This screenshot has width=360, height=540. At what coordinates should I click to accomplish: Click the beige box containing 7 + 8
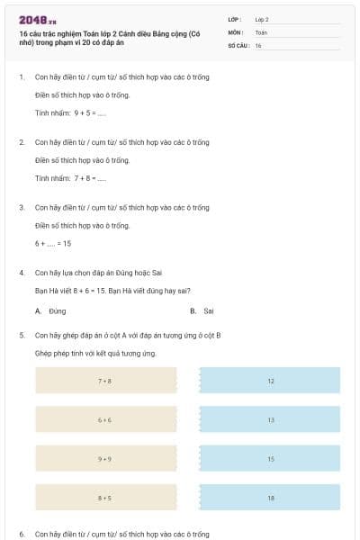tap(105, 381)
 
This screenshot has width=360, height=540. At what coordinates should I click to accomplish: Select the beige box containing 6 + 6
tap(105, 419)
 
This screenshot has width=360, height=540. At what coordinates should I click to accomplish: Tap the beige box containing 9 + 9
tap(105, 458)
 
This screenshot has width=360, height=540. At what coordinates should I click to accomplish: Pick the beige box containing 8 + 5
tap(105, 497)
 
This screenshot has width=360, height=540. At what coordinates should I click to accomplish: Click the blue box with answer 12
tap(270, 381)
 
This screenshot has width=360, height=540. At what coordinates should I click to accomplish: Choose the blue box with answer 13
tap(270, 419)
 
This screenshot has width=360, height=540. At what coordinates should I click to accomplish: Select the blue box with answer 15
tap(270, 458)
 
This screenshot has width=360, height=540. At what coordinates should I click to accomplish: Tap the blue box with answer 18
tap(270, 497)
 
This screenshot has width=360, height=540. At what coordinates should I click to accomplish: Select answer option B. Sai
tap(202, 310)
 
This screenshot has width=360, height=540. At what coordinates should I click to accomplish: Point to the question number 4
tap(21, 272)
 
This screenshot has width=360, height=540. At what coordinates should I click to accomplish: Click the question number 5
tap(21, 335)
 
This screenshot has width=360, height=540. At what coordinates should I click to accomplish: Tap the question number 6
tap(21, 534)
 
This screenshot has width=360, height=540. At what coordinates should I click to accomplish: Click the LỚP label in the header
tap(235, 19)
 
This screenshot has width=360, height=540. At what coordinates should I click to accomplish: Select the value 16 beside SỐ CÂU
tap(258, 44)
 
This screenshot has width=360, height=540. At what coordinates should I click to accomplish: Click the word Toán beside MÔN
tap(261, 31)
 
